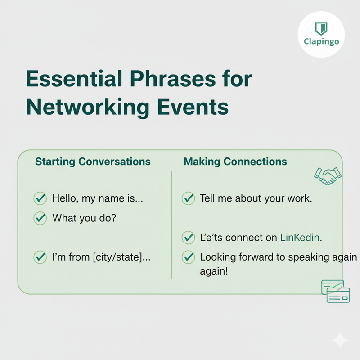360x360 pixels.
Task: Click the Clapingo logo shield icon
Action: coord(321,28)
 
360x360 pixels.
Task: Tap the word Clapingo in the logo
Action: coord(321,43)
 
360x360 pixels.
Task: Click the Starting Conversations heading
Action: coord(93,162)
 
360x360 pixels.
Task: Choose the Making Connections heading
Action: coord(235,162)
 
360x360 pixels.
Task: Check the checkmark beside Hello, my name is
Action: coord(40,198)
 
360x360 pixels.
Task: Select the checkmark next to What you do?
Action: coord(40,218)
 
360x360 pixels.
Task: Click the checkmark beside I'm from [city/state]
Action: coord(40,257)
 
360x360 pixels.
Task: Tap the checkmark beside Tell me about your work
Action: coord(188,198)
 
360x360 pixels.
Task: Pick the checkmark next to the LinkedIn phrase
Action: coord(188,237)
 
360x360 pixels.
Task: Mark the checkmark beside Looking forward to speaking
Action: coord(188,257)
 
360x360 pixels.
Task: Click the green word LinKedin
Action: coord(301,237)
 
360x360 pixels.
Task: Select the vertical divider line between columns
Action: coord(172,225)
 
